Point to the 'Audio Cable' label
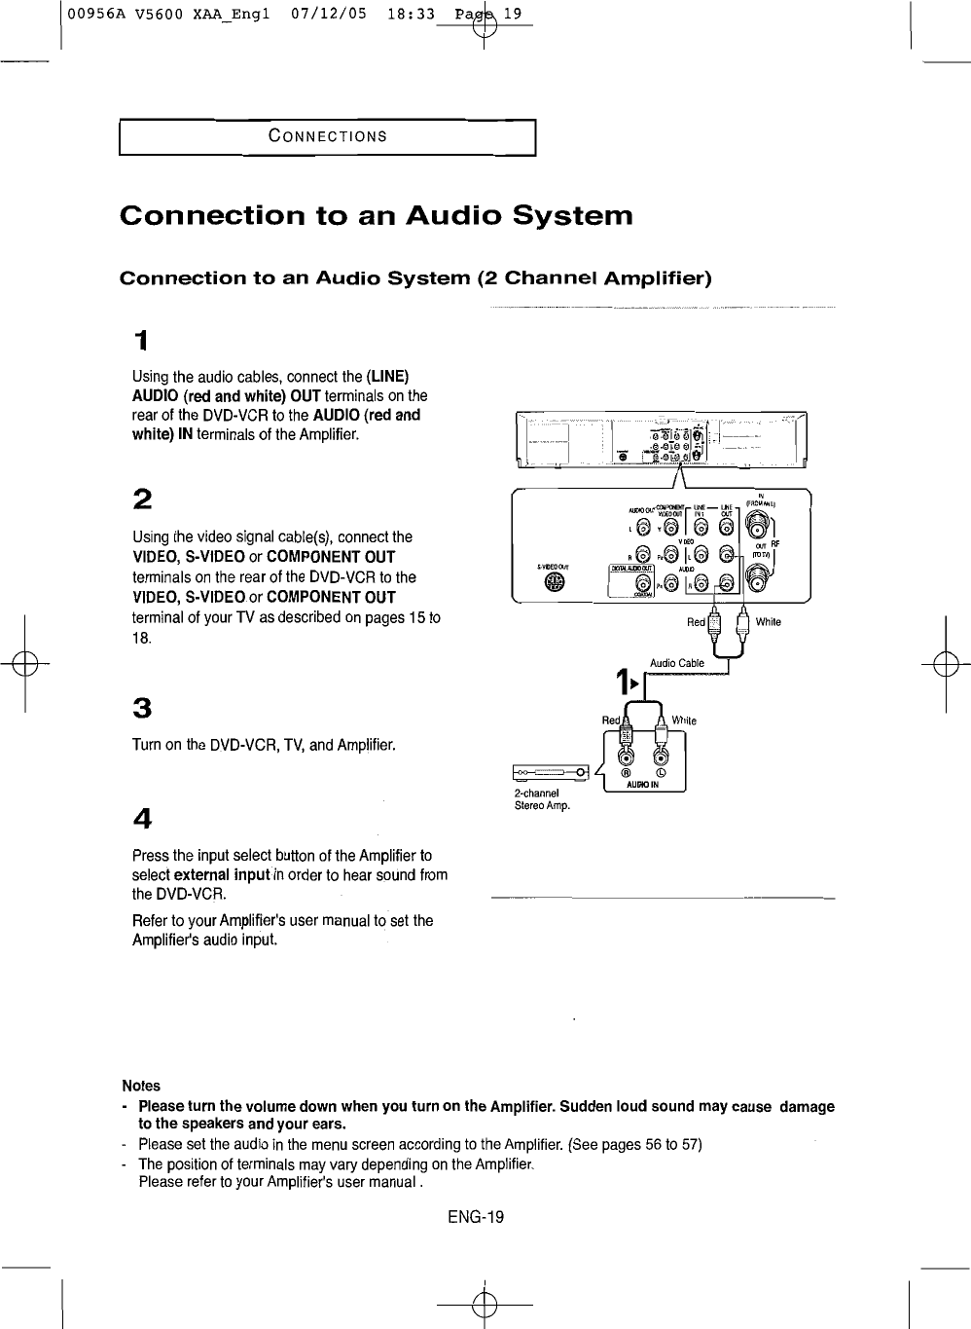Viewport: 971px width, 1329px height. point(676,663)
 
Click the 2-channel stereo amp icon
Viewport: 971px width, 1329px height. point(552,774)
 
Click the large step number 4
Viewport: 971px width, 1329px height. point(142,817)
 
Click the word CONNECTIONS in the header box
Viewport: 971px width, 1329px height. point(328,135)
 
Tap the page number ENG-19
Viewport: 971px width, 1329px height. point(476,1217)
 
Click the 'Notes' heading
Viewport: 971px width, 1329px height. point(141,1086)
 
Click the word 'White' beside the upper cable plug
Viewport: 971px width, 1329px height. point(768,622)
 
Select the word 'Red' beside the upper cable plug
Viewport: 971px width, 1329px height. point(696,622)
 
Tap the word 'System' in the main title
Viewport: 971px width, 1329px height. point(572,215)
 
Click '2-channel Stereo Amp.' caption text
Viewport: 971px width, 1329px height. point(542,799)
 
